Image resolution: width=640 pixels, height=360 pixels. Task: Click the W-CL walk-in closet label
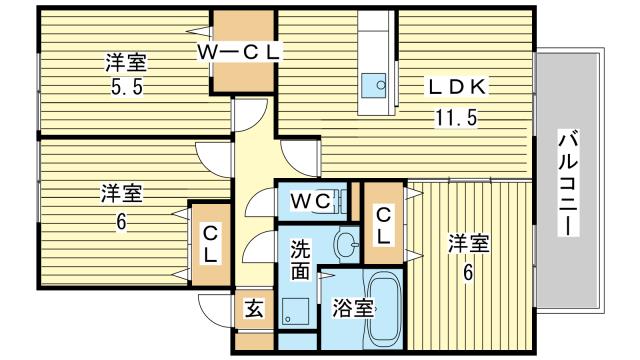239,52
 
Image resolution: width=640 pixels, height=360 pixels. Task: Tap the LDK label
457,87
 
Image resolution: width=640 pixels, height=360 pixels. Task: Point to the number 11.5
456,118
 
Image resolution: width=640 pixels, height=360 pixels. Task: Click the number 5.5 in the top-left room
127,87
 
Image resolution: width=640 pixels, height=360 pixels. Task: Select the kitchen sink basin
374,85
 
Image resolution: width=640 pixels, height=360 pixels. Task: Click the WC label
311,201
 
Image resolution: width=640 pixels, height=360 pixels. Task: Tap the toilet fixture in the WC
342,202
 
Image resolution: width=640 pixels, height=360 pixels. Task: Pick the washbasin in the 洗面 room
346,245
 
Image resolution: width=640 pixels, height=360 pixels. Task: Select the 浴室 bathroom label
353,308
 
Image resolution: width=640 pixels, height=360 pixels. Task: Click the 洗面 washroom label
300,260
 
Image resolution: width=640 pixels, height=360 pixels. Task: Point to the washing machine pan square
295,311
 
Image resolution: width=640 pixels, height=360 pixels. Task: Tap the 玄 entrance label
254,308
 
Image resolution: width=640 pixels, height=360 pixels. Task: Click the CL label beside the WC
383,226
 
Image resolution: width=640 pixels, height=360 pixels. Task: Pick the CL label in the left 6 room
210,244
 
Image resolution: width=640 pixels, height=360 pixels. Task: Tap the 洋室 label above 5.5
126,62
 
